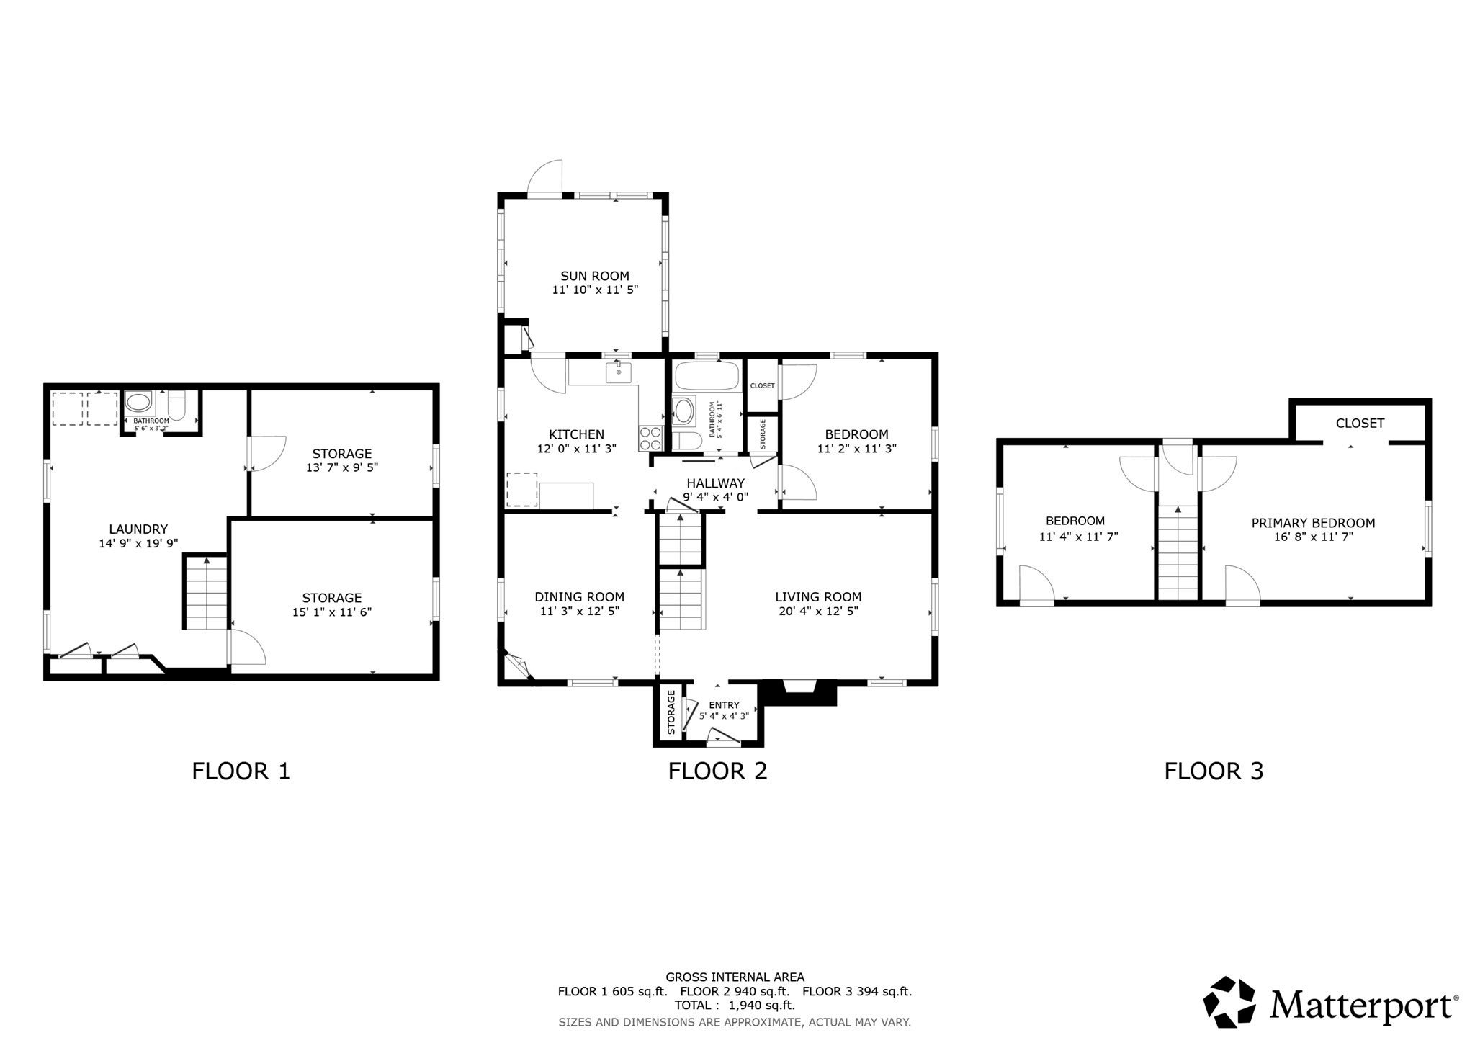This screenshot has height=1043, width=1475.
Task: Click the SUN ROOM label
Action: click(x=595, y=276)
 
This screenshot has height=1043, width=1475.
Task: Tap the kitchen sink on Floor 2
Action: click(x=618, y=372)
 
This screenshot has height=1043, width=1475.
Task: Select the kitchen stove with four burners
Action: click(x=651, y=438)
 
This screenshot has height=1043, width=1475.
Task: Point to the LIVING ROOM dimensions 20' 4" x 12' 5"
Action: click(x=818, y=611)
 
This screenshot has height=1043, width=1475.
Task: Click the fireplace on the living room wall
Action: click(x=799, y=693)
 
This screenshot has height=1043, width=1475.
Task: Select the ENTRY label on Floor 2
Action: click(x=724, y=705)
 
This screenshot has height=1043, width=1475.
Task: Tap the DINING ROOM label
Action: click(x=579, y=597)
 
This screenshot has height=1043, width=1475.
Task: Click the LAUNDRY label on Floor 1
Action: click(x=138, y=529)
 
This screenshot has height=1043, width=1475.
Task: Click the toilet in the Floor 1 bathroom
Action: click(x=177, y=405)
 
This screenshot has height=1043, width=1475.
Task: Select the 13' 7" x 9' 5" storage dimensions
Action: click(x=342, y=467)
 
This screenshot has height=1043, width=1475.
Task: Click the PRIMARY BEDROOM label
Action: click(x=1313, y=524)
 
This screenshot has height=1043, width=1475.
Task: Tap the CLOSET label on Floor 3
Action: click(x=1360, y=424)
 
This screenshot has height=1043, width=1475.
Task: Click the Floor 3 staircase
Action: click(x=1178, y=552)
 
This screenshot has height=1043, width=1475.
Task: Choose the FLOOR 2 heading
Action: click(x=717, y=771)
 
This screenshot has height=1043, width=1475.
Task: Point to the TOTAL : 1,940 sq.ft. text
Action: click(x=735, y=1006)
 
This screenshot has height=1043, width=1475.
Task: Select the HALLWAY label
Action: click(x=715, y=483)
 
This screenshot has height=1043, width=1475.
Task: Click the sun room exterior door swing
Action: click(x=545, y=177)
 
